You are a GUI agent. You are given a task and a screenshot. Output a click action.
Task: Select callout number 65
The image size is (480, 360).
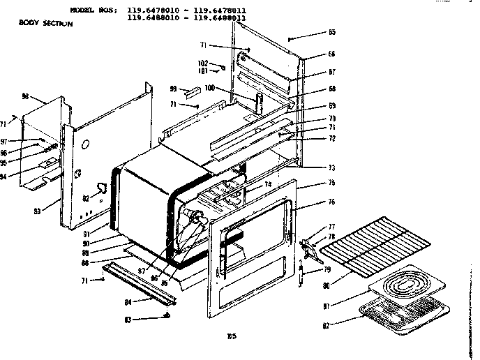click(x=331, y=32)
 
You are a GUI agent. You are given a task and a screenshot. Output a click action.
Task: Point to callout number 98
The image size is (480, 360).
click(x=26, y=96)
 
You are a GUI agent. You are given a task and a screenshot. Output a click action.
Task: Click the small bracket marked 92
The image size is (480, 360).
click(x=102, y=189)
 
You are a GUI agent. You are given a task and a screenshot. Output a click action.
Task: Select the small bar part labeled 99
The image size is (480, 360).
click(x=193, y=91)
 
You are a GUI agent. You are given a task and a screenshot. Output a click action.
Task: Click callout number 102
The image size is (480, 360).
click(x=202, y=63)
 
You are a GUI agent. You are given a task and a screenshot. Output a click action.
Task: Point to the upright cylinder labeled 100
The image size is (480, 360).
click(x=259, y=101)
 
